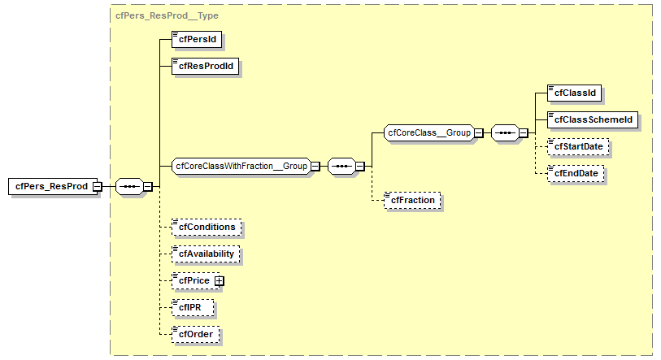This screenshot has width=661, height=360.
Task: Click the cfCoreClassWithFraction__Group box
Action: [241, 166]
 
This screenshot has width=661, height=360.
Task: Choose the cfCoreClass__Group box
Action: [428, 132]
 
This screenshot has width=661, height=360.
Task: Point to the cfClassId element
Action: [574, 93]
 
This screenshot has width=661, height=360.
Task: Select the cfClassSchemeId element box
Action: [592, 119]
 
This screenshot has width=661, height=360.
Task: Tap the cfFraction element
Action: [413, 200]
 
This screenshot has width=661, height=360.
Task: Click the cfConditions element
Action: [207, 227]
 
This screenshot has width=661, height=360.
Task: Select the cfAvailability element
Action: [206, 254]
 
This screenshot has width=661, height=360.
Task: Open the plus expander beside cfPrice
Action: [219, 280]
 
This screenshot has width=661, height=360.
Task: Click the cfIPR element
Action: [192, 307]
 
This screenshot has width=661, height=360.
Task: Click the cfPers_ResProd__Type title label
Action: [167, 15]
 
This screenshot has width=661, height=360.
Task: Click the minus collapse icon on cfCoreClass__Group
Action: [479, 132]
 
